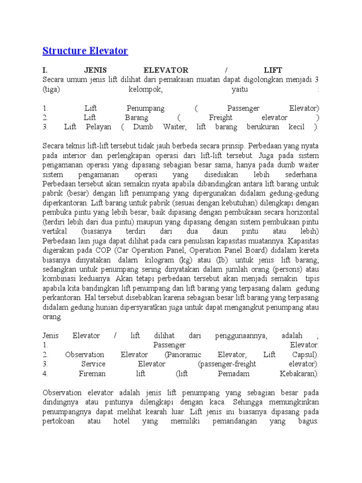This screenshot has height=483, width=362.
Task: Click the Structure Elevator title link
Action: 85,50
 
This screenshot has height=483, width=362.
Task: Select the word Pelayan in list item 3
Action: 99,126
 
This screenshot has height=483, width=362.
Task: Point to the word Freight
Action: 222,117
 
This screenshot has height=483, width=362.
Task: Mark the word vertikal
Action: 55,231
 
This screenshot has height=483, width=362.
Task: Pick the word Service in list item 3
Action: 93,364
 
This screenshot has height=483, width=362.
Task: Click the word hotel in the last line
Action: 122,421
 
